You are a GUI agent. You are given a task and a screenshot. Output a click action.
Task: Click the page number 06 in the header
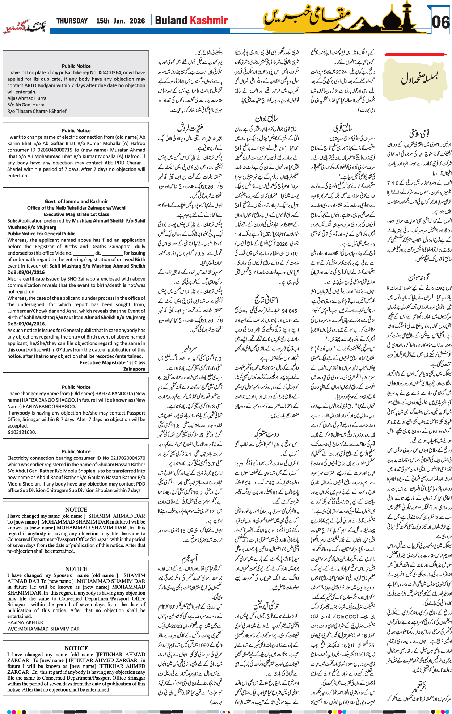coord(441,22)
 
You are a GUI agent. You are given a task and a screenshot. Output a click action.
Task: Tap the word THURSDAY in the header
coord(72,21)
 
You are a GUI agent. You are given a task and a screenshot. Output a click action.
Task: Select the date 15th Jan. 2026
coord(121,21)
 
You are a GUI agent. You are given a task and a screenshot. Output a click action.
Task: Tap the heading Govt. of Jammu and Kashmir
coord(76,201)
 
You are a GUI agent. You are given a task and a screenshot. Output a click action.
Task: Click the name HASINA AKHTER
coord(25,622)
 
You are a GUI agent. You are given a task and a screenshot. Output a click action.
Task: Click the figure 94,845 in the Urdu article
coord(289,311)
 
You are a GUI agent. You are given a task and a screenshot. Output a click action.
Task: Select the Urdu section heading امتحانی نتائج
coord(266,299)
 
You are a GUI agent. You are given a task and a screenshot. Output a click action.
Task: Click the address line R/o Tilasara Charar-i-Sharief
coord(37,112)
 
